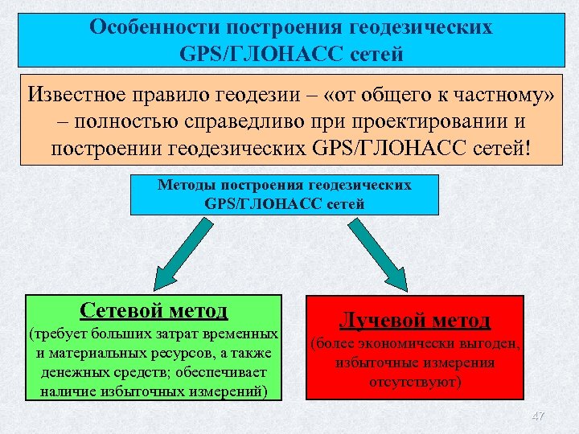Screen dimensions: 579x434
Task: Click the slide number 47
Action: tap(539, 416)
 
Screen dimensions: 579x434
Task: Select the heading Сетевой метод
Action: tap(154, 310)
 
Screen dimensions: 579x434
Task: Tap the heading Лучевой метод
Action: tap(415, 321)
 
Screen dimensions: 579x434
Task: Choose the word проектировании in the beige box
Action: tap(432, 121)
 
